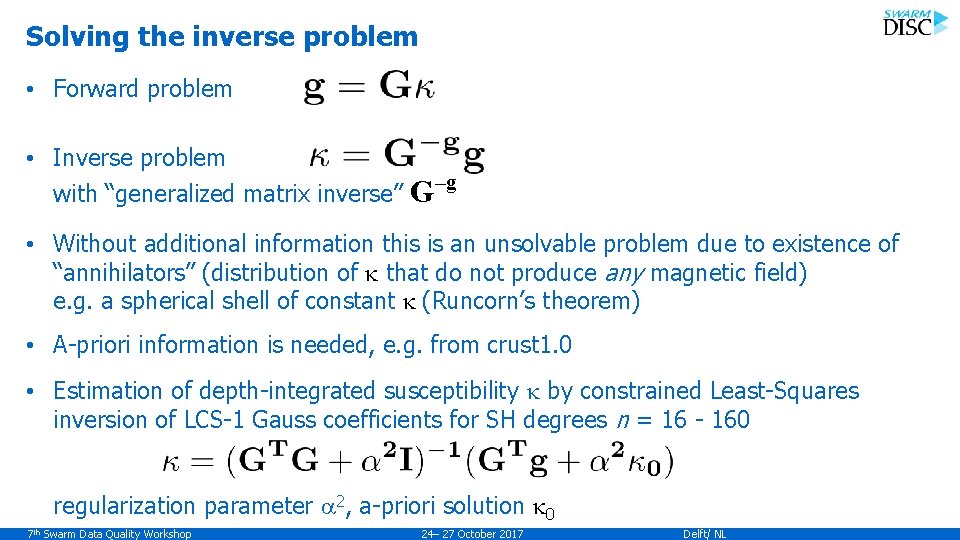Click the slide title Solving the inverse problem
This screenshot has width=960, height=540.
click(x=222, y=37)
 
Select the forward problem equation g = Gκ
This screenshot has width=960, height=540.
click(x=369, y=87)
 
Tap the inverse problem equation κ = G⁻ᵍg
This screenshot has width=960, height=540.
click(x=397, y=156)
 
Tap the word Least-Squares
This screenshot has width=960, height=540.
click(x=784, y=391)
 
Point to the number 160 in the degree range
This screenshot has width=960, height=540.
click(x=729, y=420)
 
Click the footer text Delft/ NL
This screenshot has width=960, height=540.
click(x=705, y=534)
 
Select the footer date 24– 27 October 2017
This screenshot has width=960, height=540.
click(x=473, y=534)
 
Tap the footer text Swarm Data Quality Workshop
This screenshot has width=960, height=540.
click(x=115, y=534)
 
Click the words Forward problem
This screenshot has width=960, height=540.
click(x=142, y=88)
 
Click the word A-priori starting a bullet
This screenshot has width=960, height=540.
click(x=92, y=345)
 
